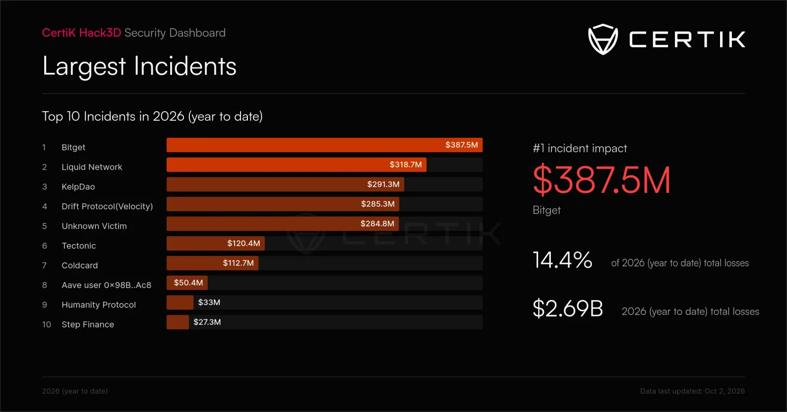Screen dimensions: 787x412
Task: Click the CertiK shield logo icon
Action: [x=603, y=39]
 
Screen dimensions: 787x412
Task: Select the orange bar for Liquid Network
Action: [x=297, y=164]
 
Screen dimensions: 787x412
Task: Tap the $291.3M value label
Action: [x=383, y=184]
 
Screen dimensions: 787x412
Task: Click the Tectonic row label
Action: [x=79, y=246]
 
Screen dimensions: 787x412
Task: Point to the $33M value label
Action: [x=209, y=302]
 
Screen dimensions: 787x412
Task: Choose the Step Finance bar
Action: [x=178, y=322]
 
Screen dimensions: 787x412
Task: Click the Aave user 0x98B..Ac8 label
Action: [x=106, y=285]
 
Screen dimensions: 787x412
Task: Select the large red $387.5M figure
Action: [x=602, y=180]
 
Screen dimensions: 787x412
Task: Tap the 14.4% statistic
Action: [x=563, y=260]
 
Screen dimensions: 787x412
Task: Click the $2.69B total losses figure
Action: [x=568, y=308]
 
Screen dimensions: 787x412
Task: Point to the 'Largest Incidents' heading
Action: [x=139, y=66]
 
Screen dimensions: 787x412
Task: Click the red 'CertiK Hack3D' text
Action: [x=82, y=32]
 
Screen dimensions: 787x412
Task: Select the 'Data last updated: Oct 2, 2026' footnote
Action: [x=692, y=391]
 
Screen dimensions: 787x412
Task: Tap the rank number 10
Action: [x=47, y=324]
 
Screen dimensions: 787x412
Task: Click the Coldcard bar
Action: [x=212, y=263]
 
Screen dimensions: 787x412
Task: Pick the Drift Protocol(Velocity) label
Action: [x=107, y=206]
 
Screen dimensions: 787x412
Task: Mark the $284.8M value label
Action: [x=377, y=223]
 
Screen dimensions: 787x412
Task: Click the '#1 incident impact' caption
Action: [x=580, y=148]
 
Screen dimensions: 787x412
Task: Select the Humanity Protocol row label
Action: [x=99, y=305]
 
